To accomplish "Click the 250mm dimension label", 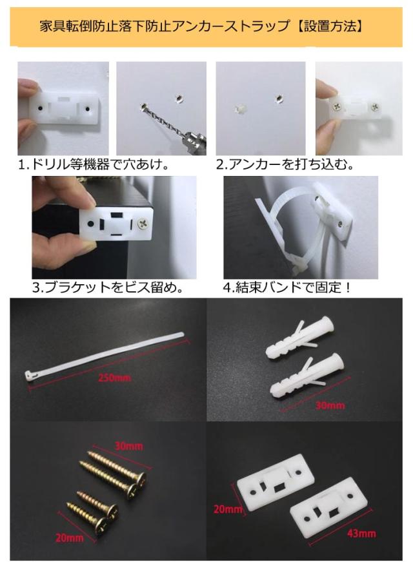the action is tap(114, 378).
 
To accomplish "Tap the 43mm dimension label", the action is tap(361, 533).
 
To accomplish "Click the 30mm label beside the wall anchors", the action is tap(330, 405).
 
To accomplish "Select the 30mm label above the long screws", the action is tap(128, 445).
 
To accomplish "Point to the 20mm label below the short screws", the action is tap(70, 537).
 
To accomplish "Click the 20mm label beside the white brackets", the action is tap(228, 509).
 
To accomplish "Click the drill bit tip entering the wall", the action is tap(143, 106).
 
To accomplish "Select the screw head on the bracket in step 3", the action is tap(142, 224).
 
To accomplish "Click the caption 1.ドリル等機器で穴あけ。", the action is tap(94, 165).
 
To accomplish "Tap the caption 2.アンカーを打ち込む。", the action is tap(285, 165).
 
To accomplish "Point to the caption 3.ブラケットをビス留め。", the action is tap(108, 288).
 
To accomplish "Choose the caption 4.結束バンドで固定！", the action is tap(287, 288).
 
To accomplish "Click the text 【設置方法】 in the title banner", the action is tap(329, 26).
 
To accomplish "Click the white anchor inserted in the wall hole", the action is tap(240, 109).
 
